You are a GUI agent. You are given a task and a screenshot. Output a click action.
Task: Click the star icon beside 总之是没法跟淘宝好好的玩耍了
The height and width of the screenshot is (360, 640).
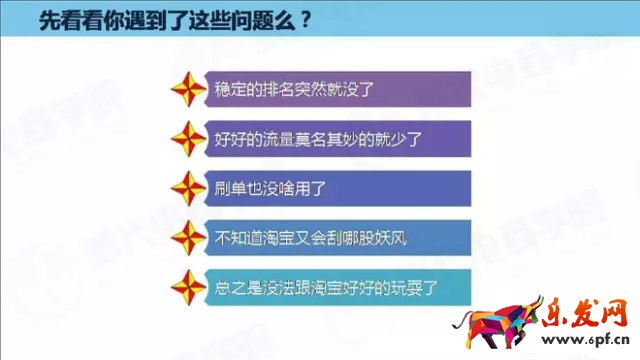coord(190,290)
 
